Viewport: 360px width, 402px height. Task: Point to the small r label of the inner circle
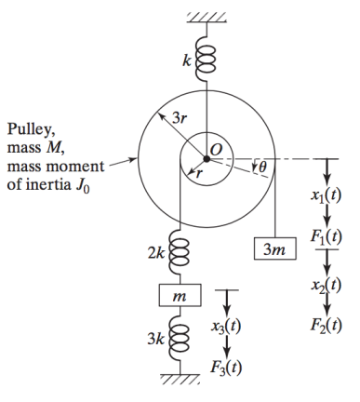[x=195, y=173]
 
